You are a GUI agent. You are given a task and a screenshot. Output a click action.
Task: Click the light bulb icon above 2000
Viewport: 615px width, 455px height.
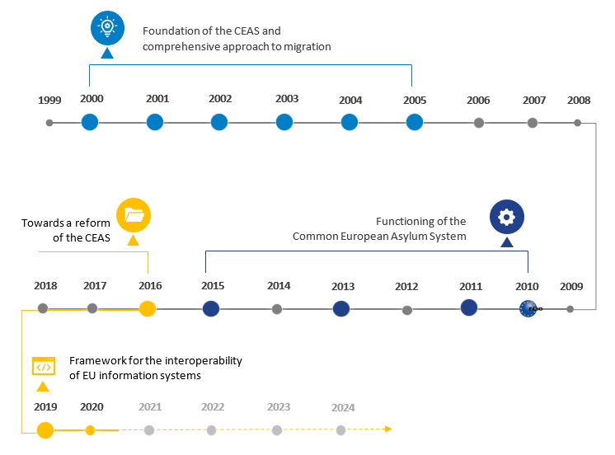click(x=106, y=26)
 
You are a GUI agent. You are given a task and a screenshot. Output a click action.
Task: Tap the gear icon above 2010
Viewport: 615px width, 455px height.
click(x=506, y=218)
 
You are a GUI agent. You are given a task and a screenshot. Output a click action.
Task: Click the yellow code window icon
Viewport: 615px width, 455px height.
click(x=43, y=366)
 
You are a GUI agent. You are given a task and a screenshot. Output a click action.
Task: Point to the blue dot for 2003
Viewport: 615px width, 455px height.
click(x=284, y=123)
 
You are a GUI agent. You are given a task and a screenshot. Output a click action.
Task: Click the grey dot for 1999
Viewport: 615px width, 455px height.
click(x=49, y=123)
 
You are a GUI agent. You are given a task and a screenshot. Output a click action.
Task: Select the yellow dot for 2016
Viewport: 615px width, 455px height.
click(x=148, y=309)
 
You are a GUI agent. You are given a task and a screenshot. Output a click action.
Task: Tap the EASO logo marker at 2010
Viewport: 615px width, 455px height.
click(x=528, y=309)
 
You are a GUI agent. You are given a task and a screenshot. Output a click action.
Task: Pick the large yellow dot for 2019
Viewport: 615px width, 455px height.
click(x=45, y=429)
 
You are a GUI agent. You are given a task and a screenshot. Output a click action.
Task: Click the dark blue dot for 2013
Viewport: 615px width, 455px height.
click(x=341, y=309)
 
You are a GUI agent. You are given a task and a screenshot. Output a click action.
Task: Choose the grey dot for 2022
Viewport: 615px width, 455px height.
click(x=212, y=429)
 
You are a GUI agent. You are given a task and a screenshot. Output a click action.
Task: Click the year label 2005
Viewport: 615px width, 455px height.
click(x=415, y=101)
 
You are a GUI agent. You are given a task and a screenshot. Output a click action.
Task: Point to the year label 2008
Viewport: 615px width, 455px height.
click(x=579, y=101)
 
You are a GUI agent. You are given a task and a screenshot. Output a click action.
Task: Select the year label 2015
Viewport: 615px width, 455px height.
click(x=214, y=286)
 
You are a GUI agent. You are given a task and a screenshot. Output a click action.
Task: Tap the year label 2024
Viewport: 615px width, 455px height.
click(x=343, y=407)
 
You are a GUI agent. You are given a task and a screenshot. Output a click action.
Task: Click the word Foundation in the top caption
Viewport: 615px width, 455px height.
click(x=171, y=31)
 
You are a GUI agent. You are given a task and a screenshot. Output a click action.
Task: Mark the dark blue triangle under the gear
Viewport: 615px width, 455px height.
click(x=507, y=242)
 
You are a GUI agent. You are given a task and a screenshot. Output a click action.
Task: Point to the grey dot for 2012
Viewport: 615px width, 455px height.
click(x=407, y=310)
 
